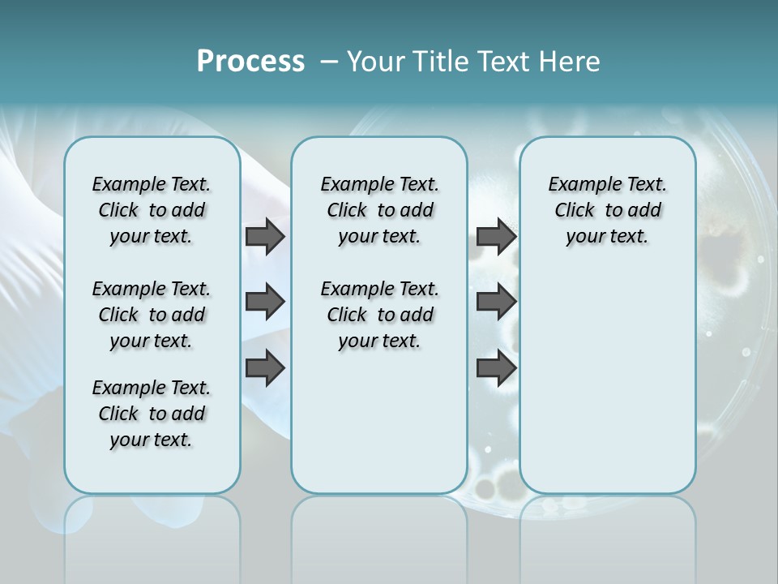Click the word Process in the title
tap(250, 62)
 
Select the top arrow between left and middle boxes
tap(265, 236)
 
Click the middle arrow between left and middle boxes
tap(265, 302)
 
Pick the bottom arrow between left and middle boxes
tap(265, 368)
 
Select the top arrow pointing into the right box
tap(496, 236)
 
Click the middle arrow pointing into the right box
tap(496, 302)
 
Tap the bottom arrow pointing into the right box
tap(496, 368)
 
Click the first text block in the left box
tap(152, 210)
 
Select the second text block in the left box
tap(152, 315)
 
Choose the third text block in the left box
tap(152, 414)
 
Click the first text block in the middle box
tap(379, 210)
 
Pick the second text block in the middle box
tap(379, 315)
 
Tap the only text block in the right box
tap(607, 210)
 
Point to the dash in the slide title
tap(329, 62)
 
